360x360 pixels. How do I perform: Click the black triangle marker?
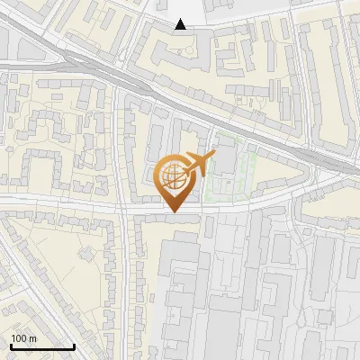181,24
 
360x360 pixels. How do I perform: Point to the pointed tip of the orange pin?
173,212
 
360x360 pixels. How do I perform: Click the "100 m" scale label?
23,338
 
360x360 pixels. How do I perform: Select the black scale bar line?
42,346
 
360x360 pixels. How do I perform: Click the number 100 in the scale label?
19,338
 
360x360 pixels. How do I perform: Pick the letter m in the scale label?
32,338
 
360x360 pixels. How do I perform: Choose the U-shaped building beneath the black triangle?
180,54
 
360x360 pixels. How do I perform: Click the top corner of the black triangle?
181,19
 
